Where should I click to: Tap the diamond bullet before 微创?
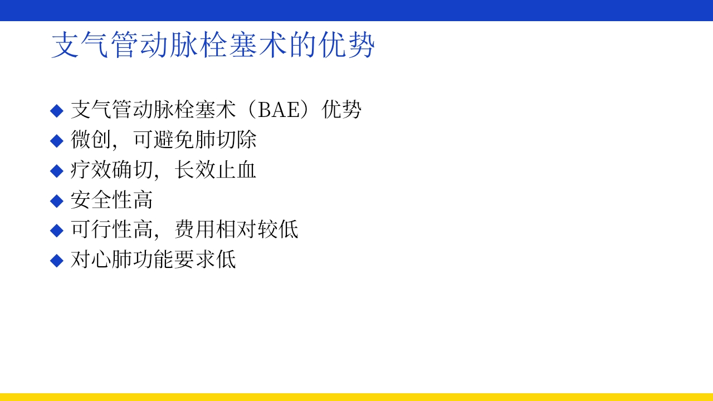57,140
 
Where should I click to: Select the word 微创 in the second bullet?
91,140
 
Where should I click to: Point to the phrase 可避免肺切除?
195,140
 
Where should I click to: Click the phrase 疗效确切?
111,170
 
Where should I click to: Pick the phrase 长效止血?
216,170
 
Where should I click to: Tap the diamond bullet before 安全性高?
57,200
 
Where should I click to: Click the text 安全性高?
111,200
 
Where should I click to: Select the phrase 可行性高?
111,229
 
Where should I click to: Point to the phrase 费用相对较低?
237,229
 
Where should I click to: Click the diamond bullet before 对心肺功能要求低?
57,260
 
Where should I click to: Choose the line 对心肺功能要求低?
153,260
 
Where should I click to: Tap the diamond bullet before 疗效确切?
57,170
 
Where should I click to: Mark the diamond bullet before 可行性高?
57,230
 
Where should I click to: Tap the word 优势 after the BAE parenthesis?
342,110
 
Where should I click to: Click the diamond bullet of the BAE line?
57,110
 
